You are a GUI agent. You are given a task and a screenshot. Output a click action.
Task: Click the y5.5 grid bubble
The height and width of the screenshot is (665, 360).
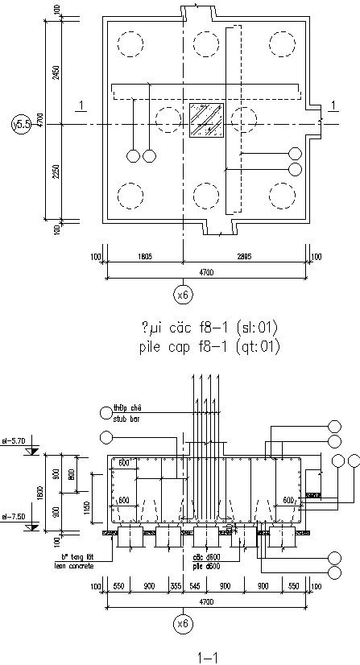click(x=22, y=124)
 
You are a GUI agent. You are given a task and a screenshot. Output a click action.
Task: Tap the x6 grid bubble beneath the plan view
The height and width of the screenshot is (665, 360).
click(x=184, y=295)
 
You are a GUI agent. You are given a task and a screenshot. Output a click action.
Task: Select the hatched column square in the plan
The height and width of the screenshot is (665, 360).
click(x=206, y=123)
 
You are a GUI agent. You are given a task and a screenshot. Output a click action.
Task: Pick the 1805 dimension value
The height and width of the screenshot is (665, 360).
click(x=145, y=257)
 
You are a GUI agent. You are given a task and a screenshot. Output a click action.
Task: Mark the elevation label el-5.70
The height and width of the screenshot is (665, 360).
click(x=15, y=440)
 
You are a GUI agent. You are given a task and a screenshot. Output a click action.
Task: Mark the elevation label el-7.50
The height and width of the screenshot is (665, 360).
click(x=15, y=517)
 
